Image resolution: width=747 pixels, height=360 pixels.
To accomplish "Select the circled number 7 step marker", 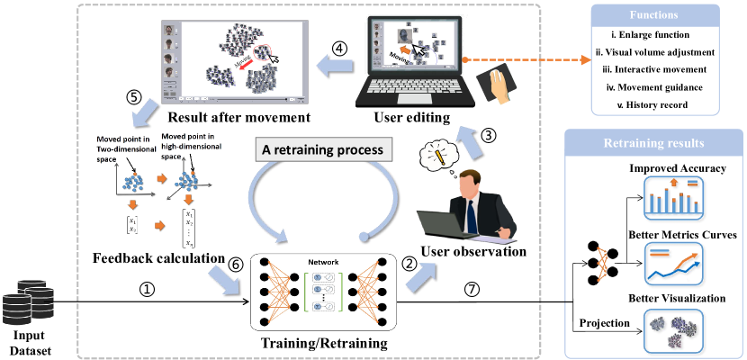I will pos(472,290).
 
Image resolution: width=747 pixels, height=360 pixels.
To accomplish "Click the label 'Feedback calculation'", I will pos(158,259).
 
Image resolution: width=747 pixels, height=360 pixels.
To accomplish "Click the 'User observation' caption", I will pos(472,252).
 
